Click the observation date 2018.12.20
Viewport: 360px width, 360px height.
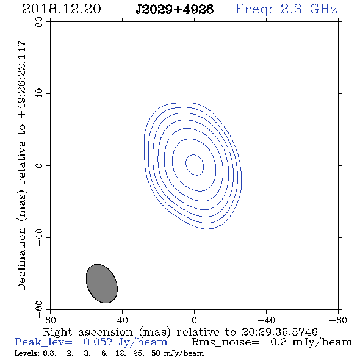point(62,9)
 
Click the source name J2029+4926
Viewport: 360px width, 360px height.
point(175,9)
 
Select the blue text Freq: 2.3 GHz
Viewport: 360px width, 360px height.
point(286,9)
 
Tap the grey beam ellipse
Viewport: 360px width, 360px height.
point(102,284)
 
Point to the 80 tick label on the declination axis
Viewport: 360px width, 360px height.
point(39,22)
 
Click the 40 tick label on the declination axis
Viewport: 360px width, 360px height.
point(39,94)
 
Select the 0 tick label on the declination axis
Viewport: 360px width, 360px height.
point(39,165)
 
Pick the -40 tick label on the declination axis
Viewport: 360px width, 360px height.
point(39,237)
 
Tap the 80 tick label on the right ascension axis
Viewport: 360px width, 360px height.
point(50,320)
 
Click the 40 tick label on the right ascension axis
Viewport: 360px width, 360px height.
point(122,320)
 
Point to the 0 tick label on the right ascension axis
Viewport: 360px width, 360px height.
point(194,320)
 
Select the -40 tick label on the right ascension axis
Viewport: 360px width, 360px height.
point(266,320)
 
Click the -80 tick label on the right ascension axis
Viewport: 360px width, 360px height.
point(338,320)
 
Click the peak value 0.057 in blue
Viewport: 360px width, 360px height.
point(98,342)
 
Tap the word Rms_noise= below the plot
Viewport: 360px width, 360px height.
point(225,342)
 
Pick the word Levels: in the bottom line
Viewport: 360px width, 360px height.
point(27,353)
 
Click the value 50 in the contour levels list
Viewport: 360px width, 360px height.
point(156,353)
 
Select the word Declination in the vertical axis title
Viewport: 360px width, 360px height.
point(21,259)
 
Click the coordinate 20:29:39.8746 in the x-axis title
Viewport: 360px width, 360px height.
point(279,332)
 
